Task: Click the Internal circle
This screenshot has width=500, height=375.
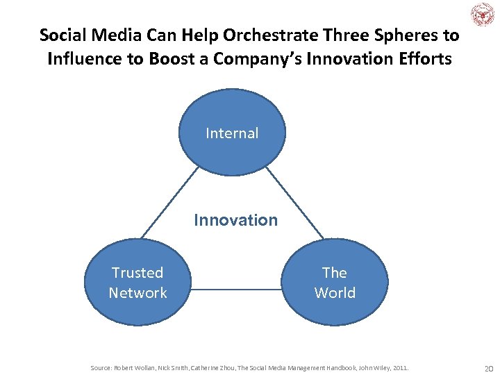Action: pyautogui.click(x=232, y=133)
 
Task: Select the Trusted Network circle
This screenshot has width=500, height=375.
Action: pyautogui.click(x=137, y=282)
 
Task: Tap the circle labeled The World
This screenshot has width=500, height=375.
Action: pyautogui.click(x=334, y=282)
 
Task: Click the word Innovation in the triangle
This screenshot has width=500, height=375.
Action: pyautogui.click(x=235, y=220)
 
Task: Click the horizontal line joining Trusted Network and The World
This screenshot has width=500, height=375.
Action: pyautogui.click(x=236, y=288)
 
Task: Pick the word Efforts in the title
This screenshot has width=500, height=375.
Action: pyautogui.click(x=425, y=59)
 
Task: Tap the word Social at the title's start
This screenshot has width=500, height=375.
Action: pyautogui.click(x=63, y=35)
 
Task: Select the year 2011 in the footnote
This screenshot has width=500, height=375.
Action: pyautogui.click(x=400, y=367)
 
